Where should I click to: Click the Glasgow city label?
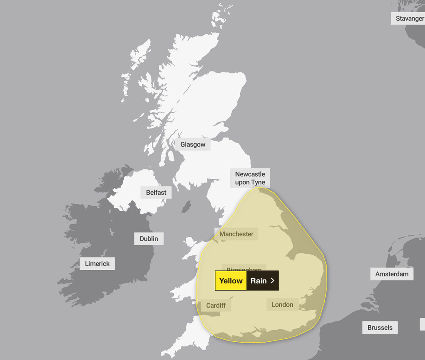(x=193, y=144)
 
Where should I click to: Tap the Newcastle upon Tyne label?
(x=250, y=178)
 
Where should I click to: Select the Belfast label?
(x=156, y=193)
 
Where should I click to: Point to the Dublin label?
(x=149, y=239)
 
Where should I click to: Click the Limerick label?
(x=97, y=264)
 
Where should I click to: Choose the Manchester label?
(x=236, y=234)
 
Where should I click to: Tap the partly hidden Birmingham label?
(x=244, y=268)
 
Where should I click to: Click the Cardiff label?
(x=216, y=305)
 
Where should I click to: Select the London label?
(x=282, y=304)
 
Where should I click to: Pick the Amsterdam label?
(x=392, y=274)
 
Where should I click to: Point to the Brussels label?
(x=380, y=327)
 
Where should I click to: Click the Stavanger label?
(x=409, y=19)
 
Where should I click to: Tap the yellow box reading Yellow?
(x=231, y=281)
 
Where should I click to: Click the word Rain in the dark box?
(x=258, y=281)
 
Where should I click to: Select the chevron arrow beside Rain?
(x=272, y=281)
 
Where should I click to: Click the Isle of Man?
(x=186, y=206)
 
